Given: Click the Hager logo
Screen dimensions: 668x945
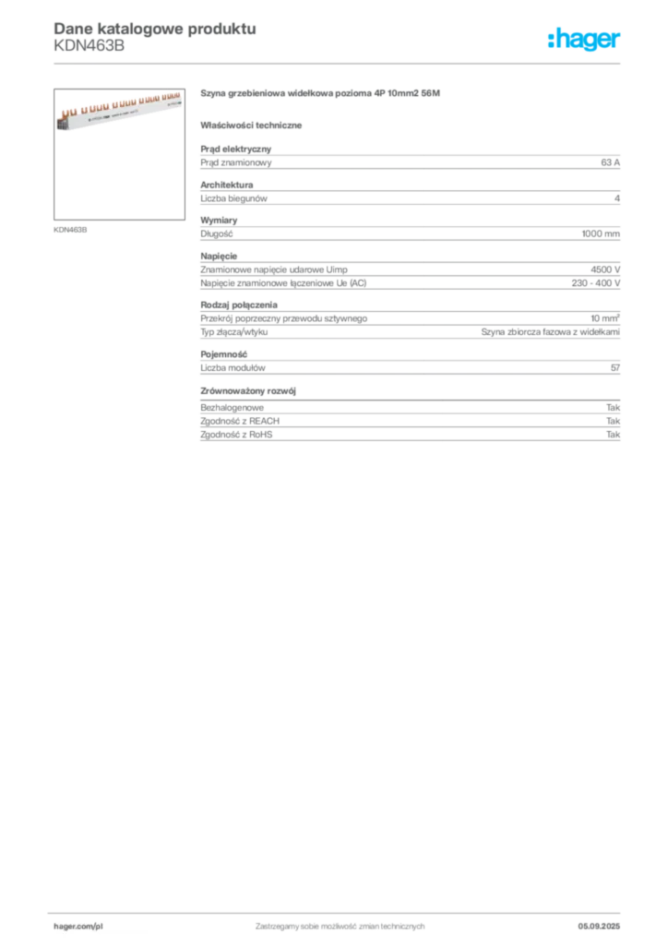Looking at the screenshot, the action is tap(584, 39).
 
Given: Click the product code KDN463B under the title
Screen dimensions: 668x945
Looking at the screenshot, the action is tap(89, 46).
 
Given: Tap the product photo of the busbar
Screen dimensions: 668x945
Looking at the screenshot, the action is tap(119, 154).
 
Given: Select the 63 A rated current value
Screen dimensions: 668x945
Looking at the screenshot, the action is tap(610, 162).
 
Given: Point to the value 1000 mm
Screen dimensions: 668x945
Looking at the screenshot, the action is tap(601, 233).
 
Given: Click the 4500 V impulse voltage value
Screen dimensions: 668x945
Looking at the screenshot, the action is tap(605, 270).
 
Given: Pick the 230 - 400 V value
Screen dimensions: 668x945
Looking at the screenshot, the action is tap(596, 283).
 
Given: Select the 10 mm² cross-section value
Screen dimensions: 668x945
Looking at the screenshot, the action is tap(604, 318).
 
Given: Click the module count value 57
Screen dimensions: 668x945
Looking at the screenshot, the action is tap(615, 367).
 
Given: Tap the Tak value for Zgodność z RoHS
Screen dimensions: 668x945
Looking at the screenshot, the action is tap(614, 435).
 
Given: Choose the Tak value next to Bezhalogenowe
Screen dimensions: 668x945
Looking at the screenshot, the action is tap(614, 408).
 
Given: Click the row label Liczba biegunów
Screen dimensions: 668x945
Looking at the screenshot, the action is tap(233, 198).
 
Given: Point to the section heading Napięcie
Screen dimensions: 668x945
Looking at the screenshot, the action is tap(219, 257).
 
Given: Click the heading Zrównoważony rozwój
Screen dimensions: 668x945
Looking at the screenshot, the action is tap(248, 391).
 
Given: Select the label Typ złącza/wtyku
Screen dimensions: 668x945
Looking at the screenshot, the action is tap(234, 332).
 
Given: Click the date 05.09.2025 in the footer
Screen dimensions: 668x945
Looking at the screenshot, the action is tap(599, 927).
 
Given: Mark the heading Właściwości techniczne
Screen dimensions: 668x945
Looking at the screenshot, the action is tap(251, 126).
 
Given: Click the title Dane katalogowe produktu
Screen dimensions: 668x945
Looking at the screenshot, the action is tap(155, 29).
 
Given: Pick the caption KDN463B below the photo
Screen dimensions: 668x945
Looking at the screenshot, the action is tap(70, 230).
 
